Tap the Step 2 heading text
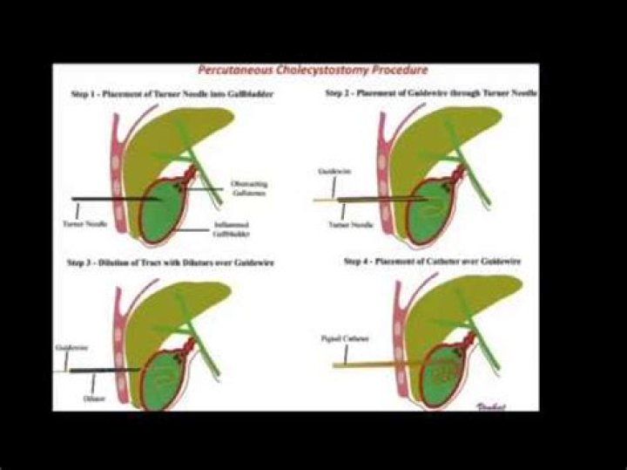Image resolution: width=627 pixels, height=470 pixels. point(431,92)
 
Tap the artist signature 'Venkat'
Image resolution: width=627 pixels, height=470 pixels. point(501,404)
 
